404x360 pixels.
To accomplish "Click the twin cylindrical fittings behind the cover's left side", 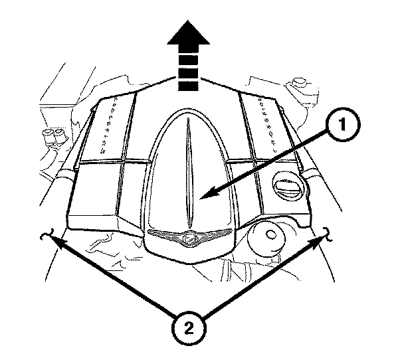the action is pyautogui.click(x=52, y=139).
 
